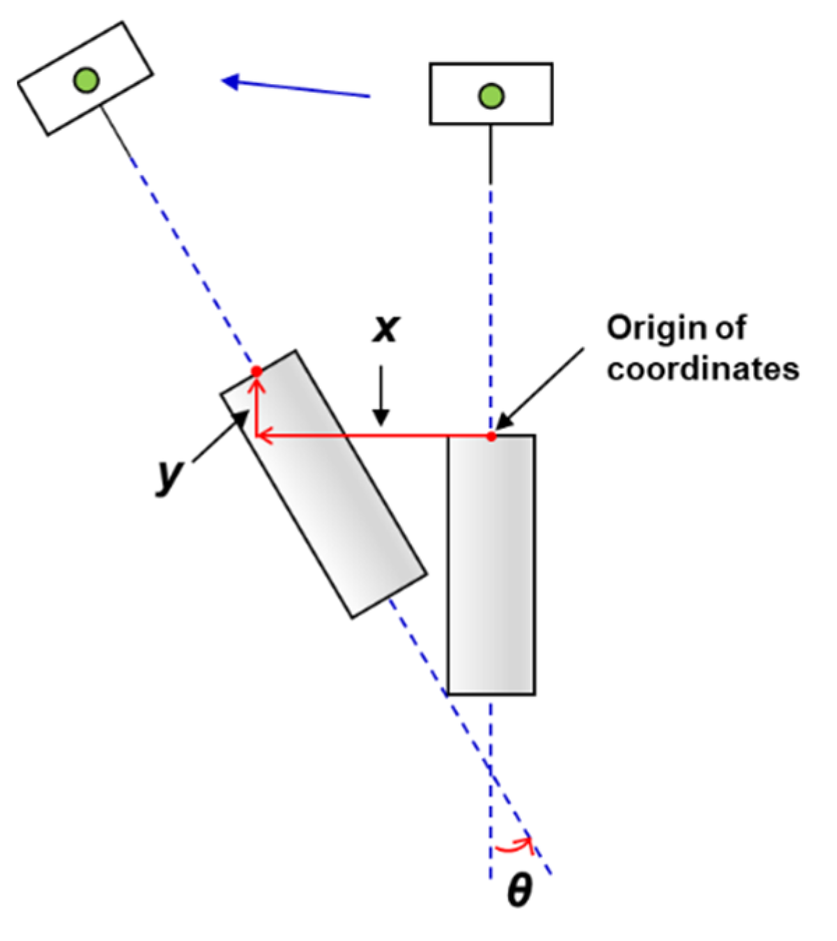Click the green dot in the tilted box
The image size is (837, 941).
[86, 80]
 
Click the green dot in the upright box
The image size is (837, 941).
[491, 95]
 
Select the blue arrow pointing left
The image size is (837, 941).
[295, 88]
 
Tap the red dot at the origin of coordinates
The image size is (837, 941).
[491, 436]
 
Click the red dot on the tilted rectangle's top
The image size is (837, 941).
[256, 372]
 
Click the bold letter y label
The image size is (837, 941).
[169, 476]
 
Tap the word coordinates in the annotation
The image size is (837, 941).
[702, 369]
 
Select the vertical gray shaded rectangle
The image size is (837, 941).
[491, 565]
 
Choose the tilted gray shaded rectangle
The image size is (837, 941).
[324, 484]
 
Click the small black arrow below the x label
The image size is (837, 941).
[381, 404]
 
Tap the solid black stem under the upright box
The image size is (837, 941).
[491, 153]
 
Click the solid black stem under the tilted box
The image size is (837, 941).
[118, 132]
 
